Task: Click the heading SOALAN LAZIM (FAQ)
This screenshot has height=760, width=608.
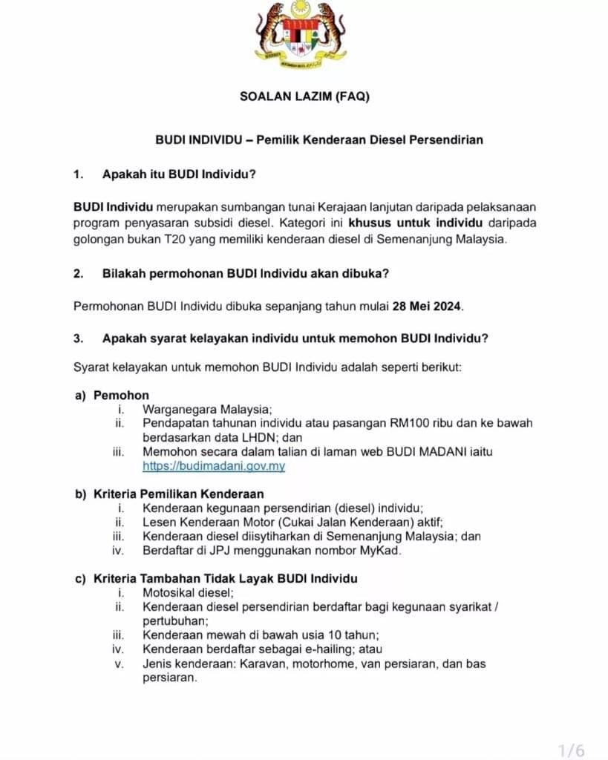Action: pyautogui.click(x=304, y=96)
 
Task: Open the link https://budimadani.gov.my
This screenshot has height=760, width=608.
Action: pyautogui.click(x=214, y=466)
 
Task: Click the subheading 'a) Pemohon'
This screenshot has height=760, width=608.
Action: pyautogui.click(x=111, y=396)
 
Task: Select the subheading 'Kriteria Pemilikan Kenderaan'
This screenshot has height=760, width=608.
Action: pyautogui.click(x=178, y=494)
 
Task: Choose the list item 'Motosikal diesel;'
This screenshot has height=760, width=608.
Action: pyautogui.click(x=188, y=592)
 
